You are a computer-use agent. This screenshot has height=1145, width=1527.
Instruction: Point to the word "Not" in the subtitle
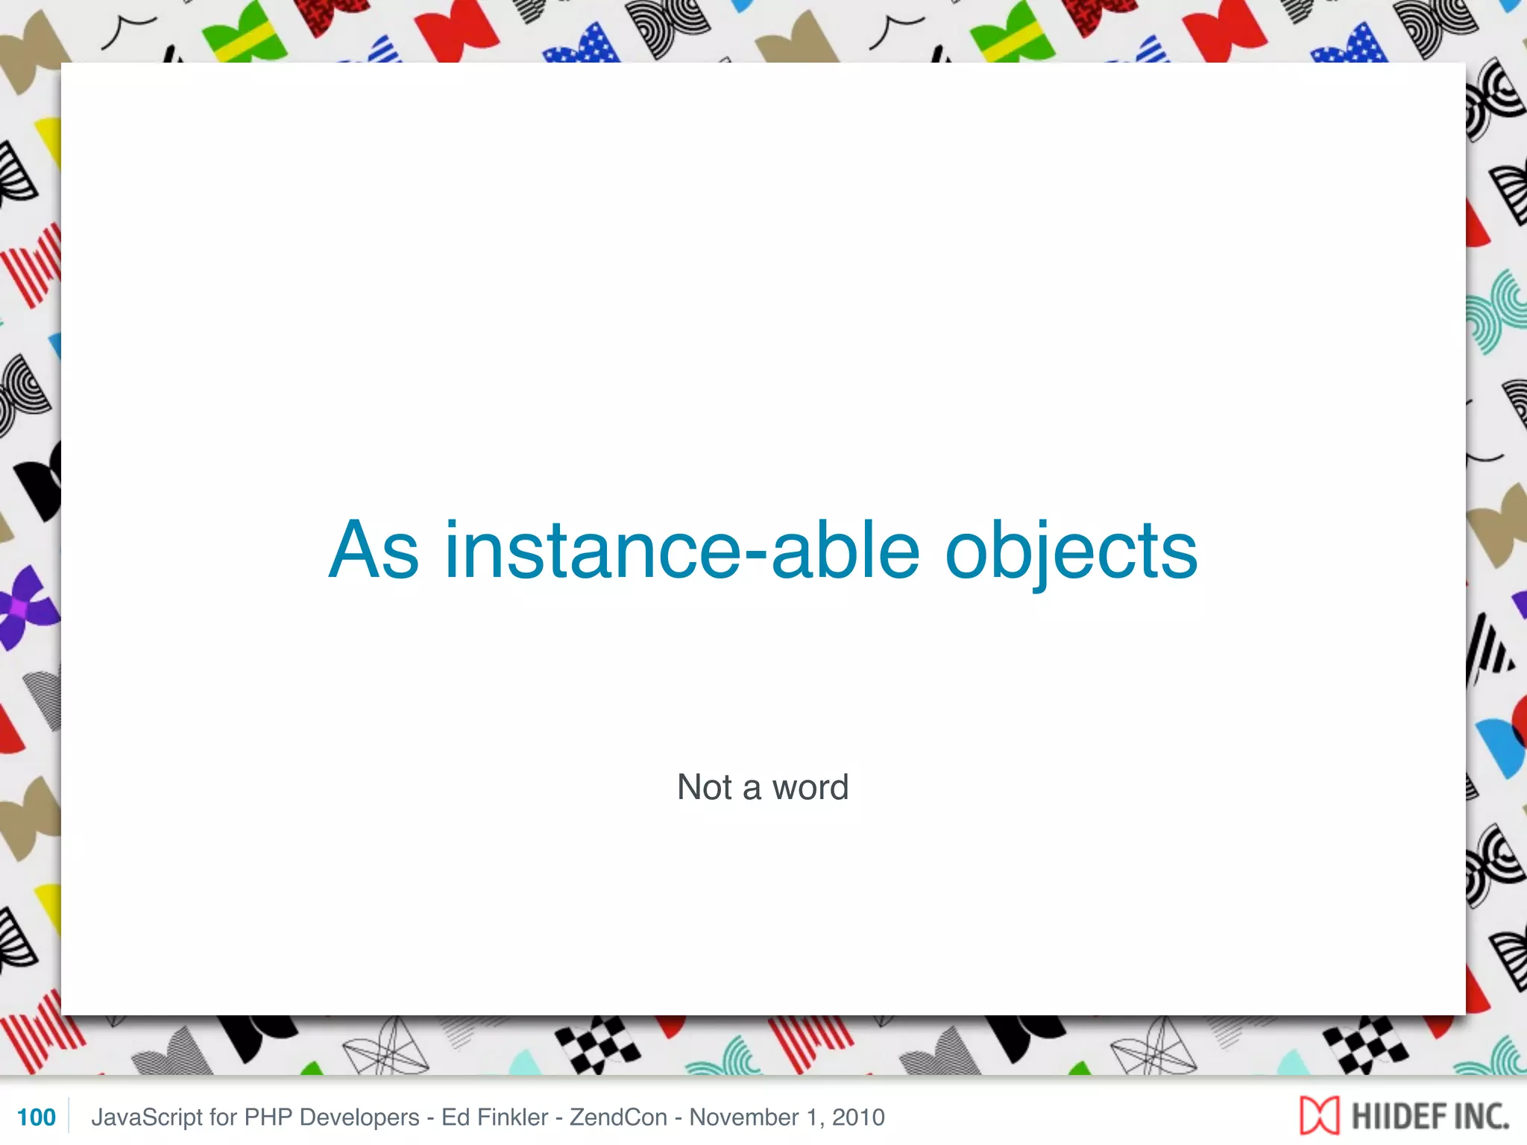(705, 787)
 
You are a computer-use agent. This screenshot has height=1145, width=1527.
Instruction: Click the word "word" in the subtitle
(810, 787)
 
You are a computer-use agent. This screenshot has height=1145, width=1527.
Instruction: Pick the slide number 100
(36, 1117)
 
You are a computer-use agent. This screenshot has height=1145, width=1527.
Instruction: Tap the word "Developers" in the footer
(359, 1117)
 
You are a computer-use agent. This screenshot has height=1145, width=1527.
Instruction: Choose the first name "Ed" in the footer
(455, 1117)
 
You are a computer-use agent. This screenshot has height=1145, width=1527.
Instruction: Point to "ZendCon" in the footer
(618, 1117)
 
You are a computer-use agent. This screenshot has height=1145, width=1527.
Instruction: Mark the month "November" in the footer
(744, 1117)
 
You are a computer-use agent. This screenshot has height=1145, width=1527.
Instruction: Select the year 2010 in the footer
(858, 1117)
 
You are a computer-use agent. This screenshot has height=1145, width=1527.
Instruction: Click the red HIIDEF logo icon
(1319, 1116)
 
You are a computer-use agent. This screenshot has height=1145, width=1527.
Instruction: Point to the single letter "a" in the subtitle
(752, 789)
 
